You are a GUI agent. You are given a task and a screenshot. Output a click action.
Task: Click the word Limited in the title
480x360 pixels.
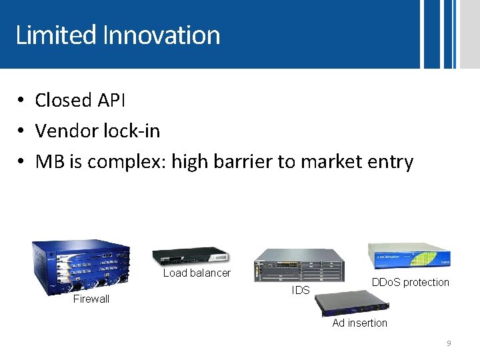(x=57, y=35)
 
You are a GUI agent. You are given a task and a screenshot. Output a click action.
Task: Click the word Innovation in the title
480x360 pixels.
(x=161, y=35)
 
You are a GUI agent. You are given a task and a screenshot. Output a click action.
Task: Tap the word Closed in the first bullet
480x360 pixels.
(x=63, y=100)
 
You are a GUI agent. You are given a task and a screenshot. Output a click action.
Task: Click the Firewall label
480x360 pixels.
(x=91, y=299)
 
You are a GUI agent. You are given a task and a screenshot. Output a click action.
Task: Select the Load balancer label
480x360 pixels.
(x=197, y=273)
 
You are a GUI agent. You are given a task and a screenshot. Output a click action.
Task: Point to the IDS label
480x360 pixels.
(x=301, y=290)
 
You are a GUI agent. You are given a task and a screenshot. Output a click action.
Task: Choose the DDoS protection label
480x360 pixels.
(x=410, y=282)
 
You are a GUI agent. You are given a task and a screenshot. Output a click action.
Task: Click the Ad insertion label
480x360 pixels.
(x=359, y=323)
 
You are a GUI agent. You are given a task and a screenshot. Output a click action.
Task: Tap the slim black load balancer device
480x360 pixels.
(x=190, y=256)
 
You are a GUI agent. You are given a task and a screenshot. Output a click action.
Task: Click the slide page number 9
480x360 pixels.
(x=449, y=343)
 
